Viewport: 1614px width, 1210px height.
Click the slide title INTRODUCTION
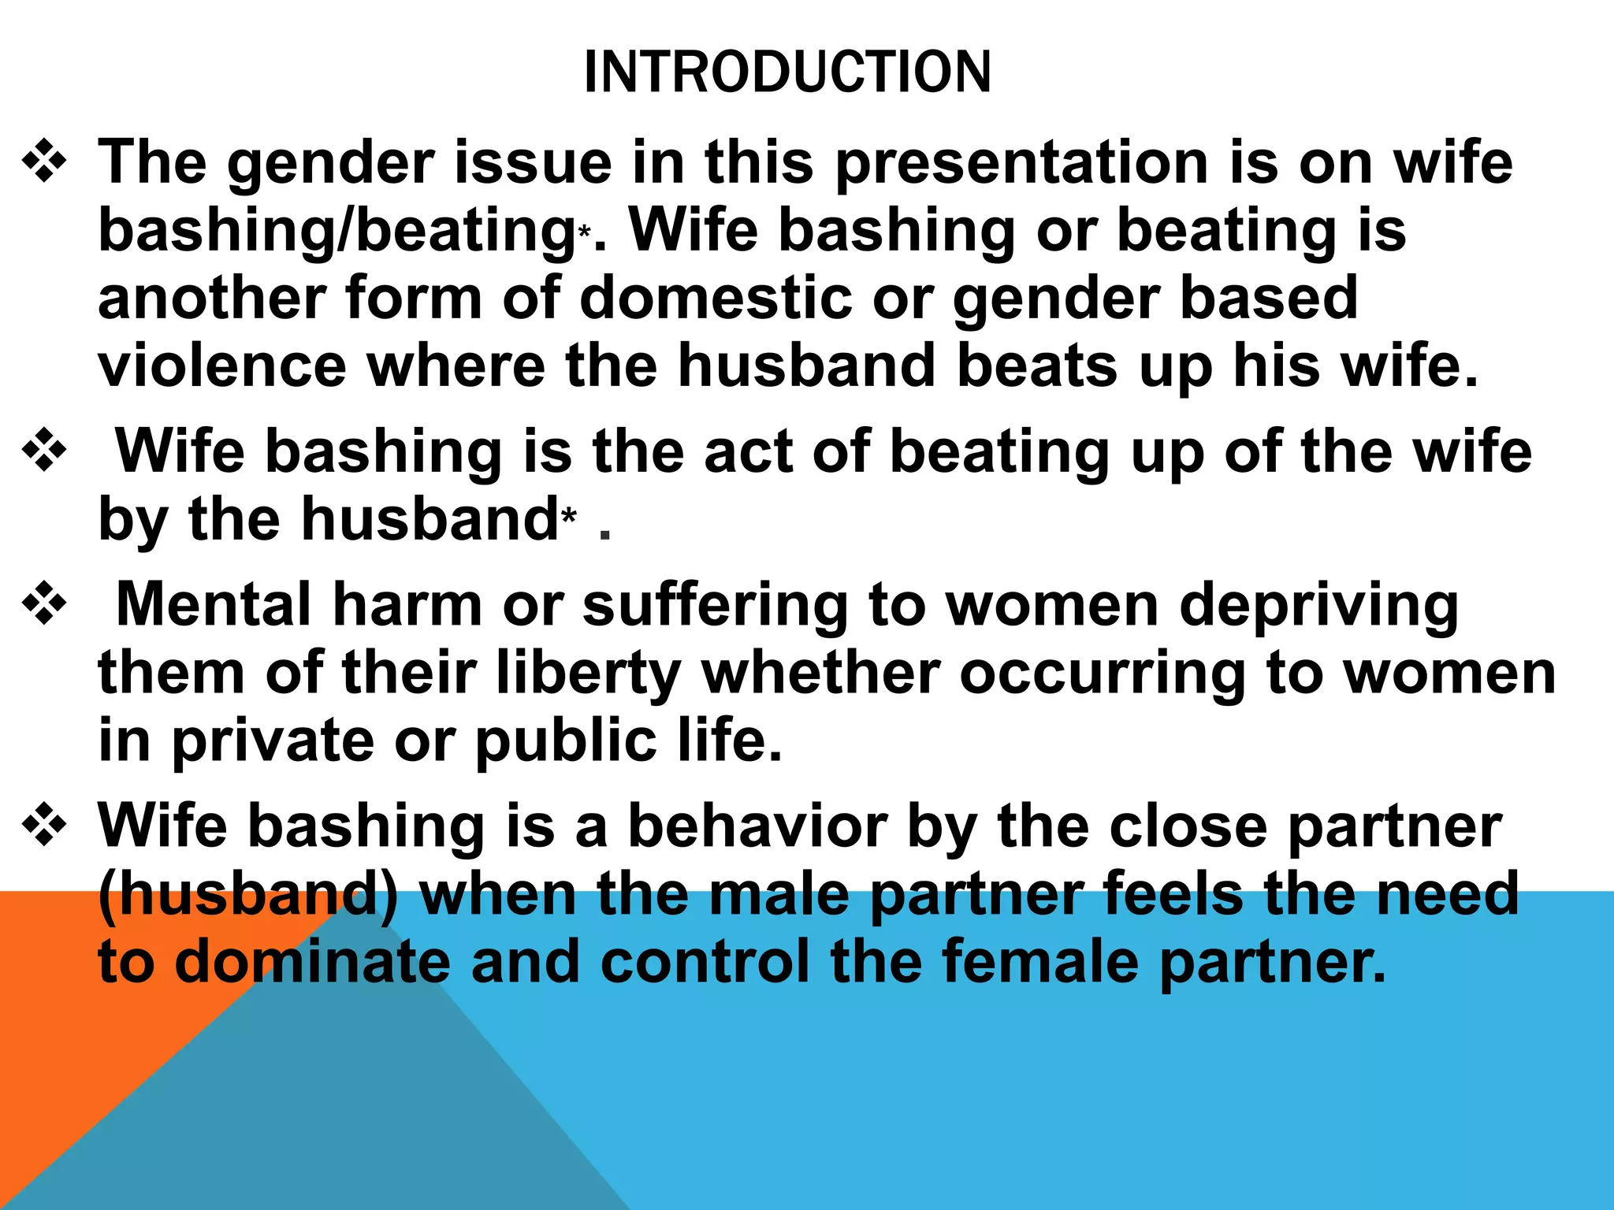[x=787, y=72]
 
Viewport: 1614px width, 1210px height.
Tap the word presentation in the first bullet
[x=1021, y=164]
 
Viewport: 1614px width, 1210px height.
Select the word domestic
[x=716, y=299]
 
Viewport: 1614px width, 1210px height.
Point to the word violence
[x=222, y=366]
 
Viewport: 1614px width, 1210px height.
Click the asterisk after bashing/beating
[x=584, y=232]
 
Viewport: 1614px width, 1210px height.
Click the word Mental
[x=214, y=604]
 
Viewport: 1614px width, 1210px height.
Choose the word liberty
[x=589, y=674]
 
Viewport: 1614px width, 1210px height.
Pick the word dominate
[x=312, y=963]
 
